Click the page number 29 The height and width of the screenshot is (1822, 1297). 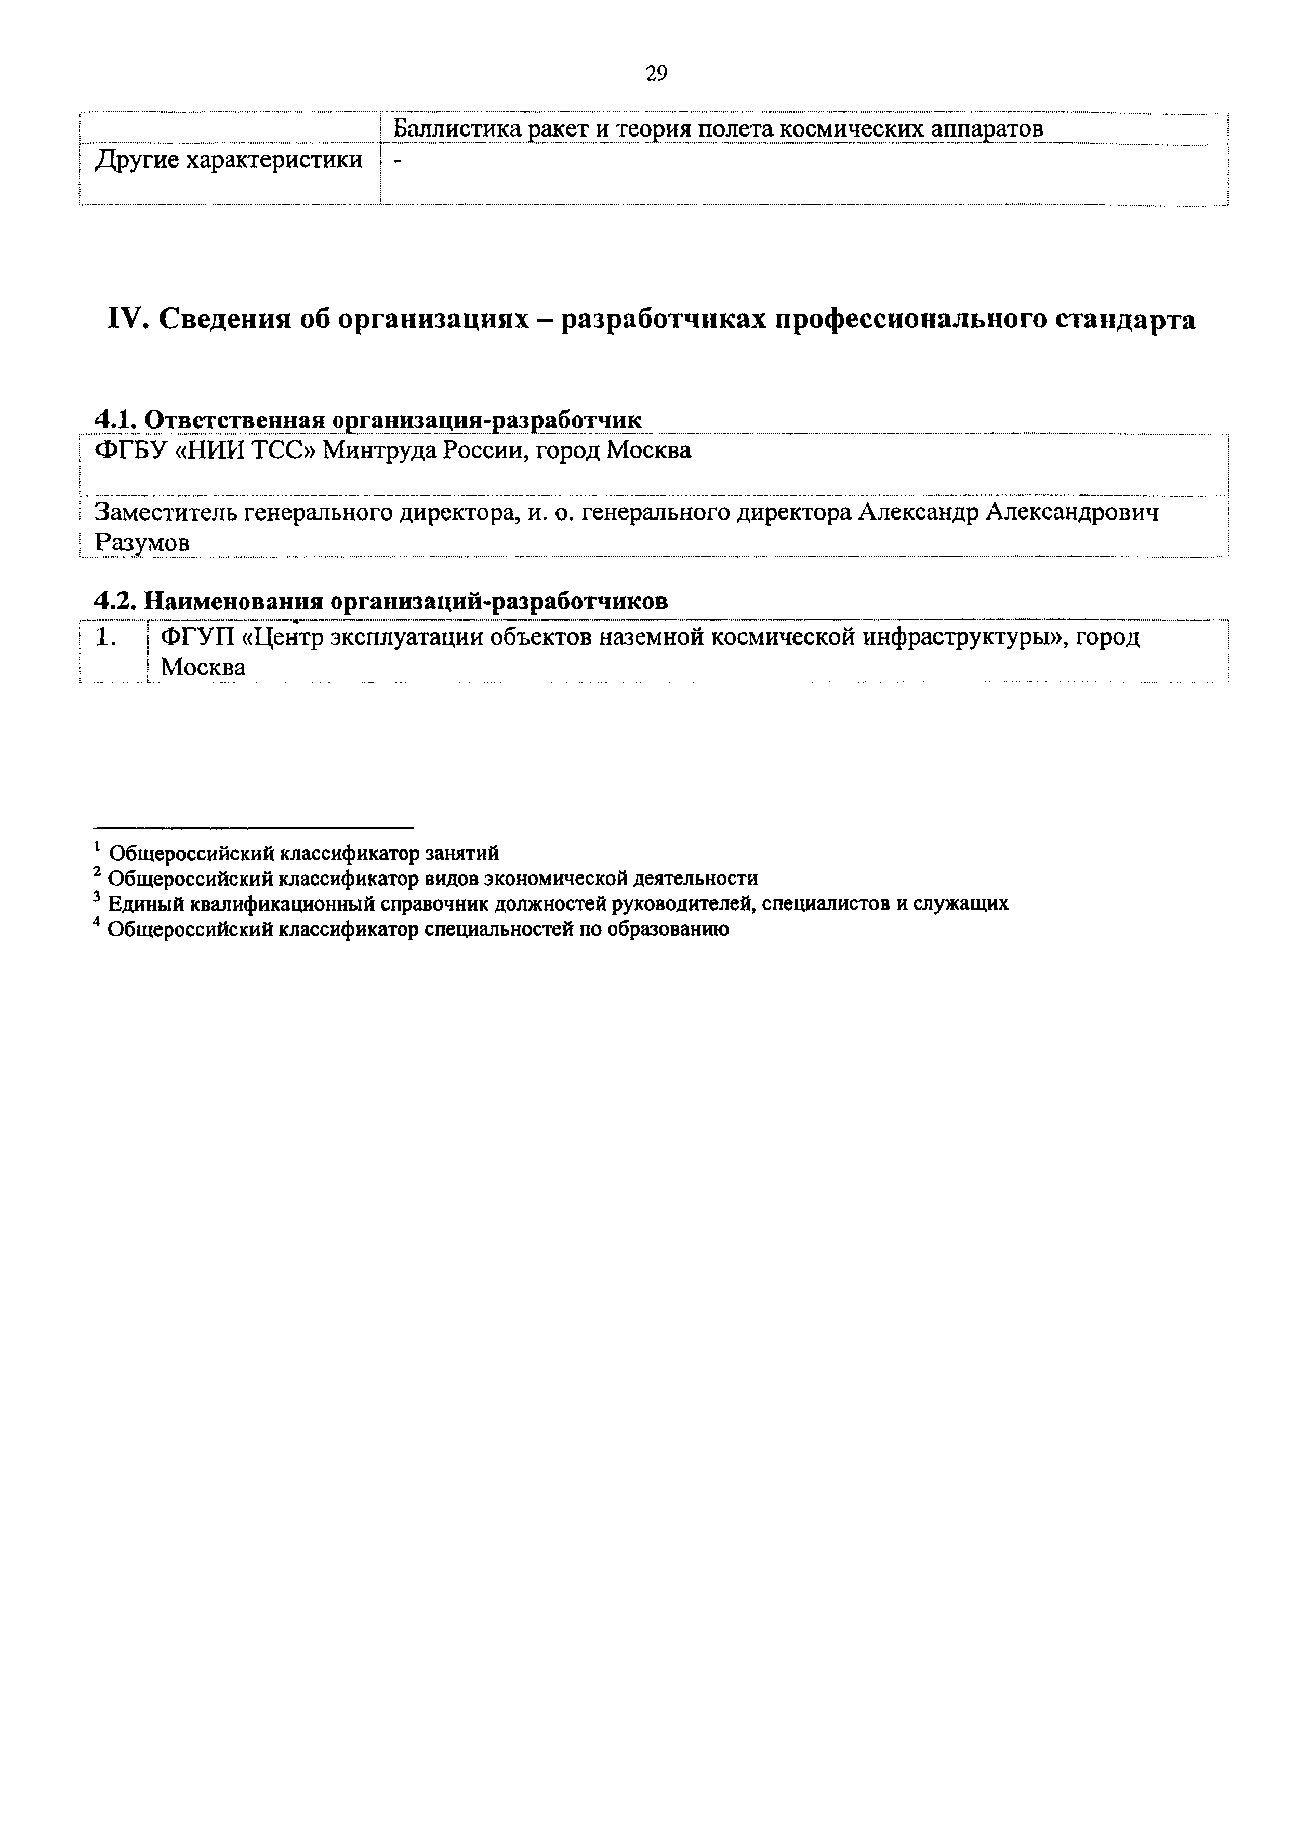(x=656, y=74)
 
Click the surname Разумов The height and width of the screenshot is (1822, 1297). (x=142, y=543)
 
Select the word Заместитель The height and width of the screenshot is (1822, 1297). (x=165, y=512)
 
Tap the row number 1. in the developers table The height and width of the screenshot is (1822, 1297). (x=106, y=637)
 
